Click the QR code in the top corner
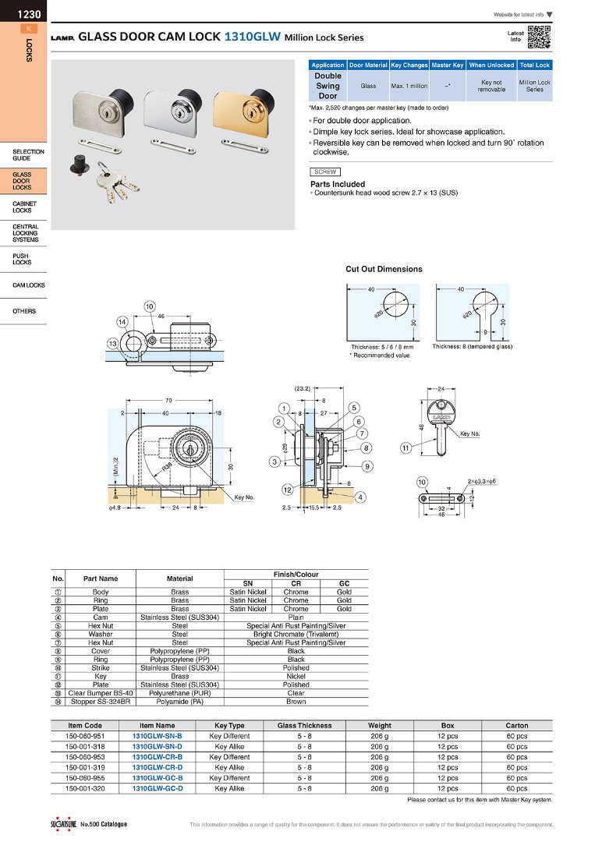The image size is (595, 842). (x=539, y=37)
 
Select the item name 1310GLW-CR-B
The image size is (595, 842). (x=157, y=757)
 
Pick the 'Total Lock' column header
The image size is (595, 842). (x=534, y=65)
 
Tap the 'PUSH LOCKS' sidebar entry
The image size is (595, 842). (x=22, y=259)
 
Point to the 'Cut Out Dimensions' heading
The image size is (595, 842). (x=384, y=269)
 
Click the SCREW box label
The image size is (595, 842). (x=324, y=172)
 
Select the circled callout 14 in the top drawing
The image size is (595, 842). (x=122, y=321)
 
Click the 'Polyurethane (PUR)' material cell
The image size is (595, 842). (x=179, y=693)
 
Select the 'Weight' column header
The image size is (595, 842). (x=379, y=726)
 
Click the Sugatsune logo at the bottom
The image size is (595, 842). (x=56, y=824)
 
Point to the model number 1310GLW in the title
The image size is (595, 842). (x=252, y=36)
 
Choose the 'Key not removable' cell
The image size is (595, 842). (x=491, y=86)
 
